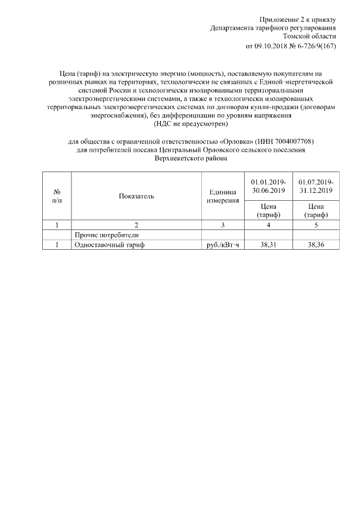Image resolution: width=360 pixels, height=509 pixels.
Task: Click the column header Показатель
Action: click(136, 196)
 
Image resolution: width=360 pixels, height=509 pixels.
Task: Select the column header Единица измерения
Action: click(223, 196)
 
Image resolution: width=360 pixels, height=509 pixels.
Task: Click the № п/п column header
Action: click(57, 196)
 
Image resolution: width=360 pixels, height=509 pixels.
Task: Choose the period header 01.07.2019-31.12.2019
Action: click(316, 187)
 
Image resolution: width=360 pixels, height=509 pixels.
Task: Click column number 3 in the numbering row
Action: click(223, 225)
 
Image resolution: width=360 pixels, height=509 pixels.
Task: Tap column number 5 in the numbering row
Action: click(316, 225)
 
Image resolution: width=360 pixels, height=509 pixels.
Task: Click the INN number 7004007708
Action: click(287, 142)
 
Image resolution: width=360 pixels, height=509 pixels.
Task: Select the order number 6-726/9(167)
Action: click(316, 46)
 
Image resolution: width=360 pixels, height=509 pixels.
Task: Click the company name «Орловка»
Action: click(237, 142)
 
